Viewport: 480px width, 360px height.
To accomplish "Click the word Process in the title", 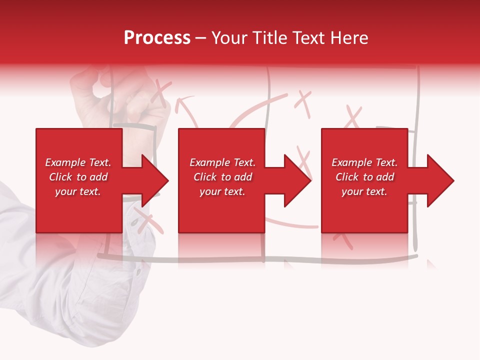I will tap(157, 38).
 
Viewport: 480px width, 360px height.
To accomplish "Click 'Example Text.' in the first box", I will tap(78, 162).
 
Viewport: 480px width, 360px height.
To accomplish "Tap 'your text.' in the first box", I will tap(78, 191).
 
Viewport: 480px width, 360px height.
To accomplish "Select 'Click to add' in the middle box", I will tap(222, 177).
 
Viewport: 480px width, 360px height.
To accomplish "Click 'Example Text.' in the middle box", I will tap(222, 162).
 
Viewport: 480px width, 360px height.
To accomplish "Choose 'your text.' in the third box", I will tap(364, 191).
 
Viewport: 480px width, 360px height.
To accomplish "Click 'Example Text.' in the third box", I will tap(364, 162).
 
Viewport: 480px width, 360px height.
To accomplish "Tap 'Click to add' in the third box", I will tap(364, 177).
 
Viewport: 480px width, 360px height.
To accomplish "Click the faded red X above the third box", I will tap(353, 117).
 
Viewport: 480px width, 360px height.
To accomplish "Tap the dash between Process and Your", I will tap(201, 38).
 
